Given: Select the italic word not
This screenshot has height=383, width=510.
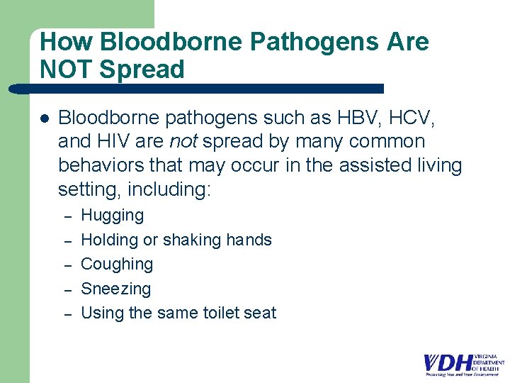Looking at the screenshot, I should pos(183,141).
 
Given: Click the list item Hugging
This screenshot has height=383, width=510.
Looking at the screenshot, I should pos(113,216).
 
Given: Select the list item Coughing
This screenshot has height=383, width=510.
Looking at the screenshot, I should pos(117,264).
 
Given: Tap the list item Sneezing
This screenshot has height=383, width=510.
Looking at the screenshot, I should pos(116,289).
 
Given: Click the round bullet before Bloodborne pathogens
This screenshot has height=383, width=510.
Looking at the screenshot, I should pos(44,118).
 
